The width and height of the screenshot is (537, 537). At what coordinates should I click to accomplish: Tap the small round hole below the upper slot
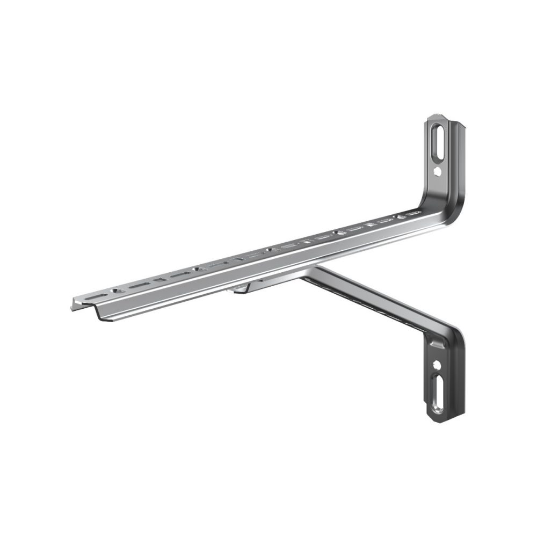point(438,173)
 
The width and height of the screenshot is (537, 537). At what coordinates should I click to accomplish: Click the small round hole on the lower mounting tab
point(438,365)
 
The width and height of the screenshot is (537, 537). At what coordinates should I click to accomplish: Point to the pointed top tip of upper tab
point(436,118)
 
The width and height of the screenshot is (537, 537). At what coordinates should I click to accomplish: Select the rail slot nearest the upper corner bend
point(411,215)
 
